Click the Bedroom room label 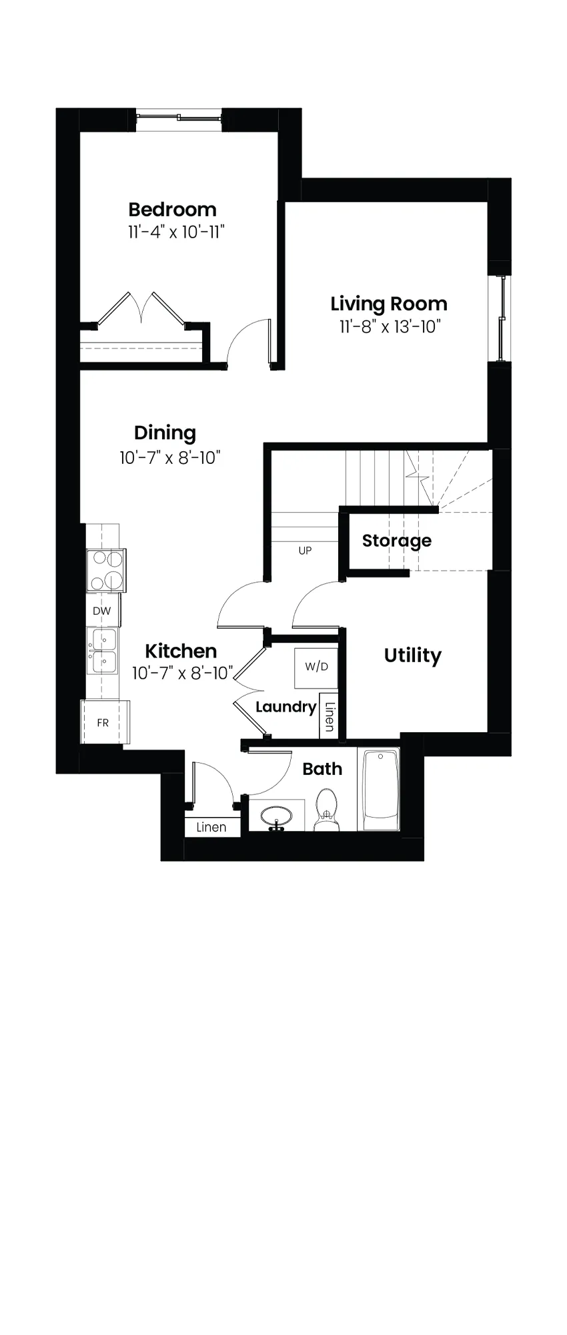pyautogui.click(x=172, y=210)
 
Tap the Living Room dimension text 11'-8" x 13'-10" pyautogui.click(x=390, y=326)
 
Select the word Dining pyautogui.click(x=165, y=433)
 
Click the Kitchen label pyautogui.click(x=181, y=651)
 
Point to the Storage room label pyautogui.click(x=397, y=541)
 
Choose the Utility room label pyautogui.click(x=412, y=655)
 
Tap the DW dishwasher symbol pyautogui.click(x=102, y=611)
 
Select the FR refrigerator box pyautogui.click(x=105, y=722)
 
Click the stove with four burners pyautogui.click(x=106, y=570)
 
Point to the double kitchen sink pyautogui.click(x=103, y=651)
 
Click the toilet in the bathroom pyautogui.click(x=326, y=808)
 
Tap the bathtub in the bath pyautogui.click(x=380, y=789)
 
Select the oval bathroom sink pyautogui.click(x=276, y=816)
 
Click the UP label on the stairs pyautogui.click(x=305, y=551)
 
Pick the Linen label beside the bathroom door pyautogui.click(x=211, y=827)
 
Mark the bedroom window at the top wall pyautogui.click(x=179, y=118)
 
